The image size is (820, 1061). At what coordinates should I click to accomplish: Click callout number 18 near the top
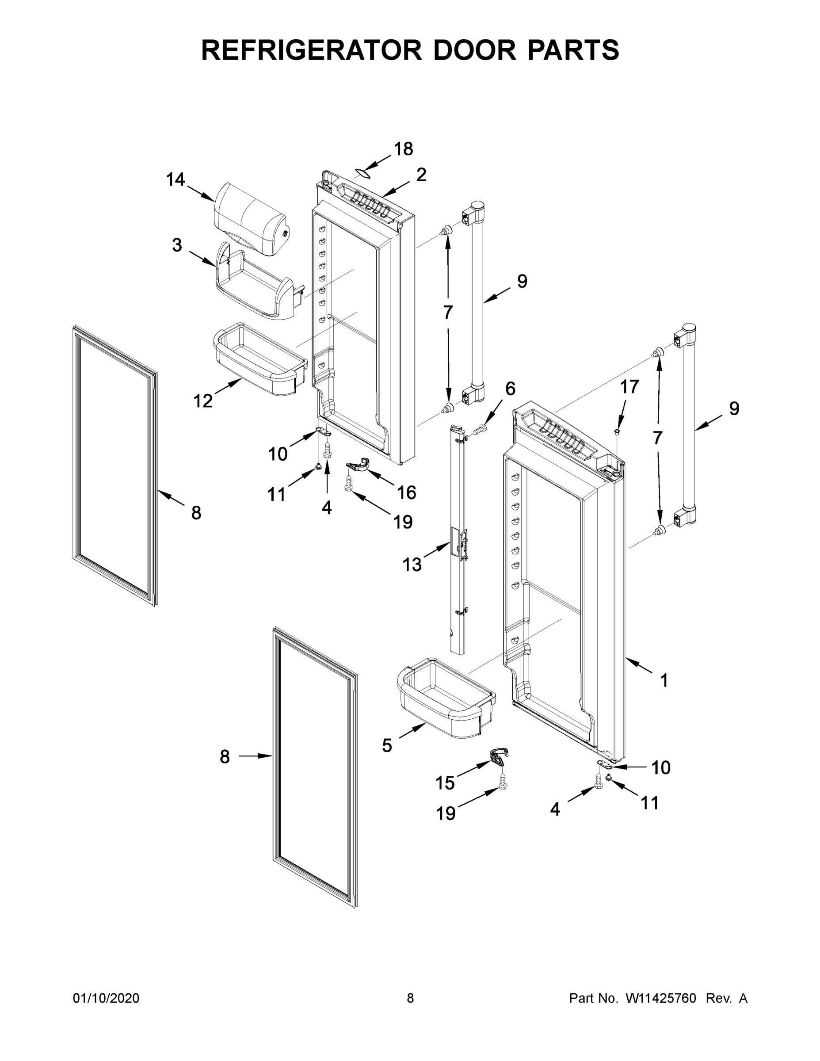tap(403, 149)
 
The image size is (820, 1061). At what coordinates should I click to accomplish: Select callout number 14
tap(175, 180)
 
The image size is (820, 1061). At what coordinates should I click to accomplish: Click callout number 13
tap(412, 565)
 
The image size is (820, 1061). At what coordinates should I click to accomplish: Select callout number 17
tap(629, 387)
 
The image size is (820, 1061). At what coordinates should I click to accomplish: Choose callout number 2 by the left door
tap(421, 175)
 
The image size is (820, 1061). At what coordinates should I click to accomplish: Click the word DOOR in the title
tap(476, 50)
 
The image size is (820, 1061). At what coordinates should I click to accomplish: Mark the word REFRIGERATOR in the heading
tap(311, 50)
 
